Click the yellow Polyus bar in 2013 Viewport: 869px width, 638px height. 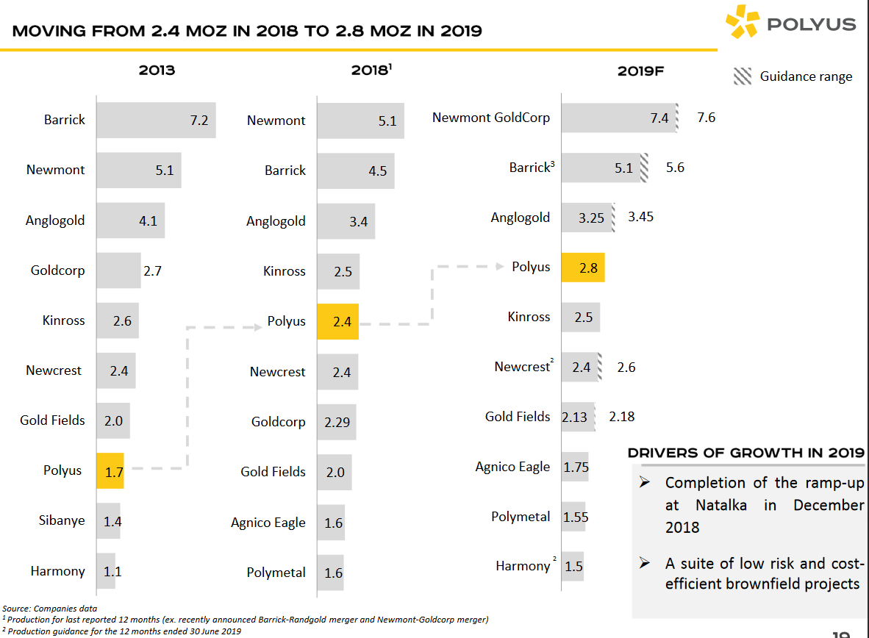pyautogui.click(x=110, y=470)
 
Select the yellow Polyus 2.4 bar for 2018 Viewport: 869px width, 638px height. pyautogui.click(x=337, y=322)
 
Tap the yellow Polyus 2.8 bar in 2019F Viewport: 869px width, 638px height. pyautogui.click(x=582, y=268)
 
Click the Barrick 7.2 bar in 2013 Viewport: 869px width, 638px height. pyautogui.click(x=155, y=120)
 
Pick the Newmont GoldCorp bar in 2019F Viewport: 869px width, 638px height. pyautogui.click(x=618, y=118)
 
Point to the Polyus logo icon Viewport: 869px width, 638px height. pyautogui.click(x=741, y=23)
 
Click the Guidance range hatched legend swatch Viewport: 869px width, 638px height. pyautogui.click(x=743, y=76)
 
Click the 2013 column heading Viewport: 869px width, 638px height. pyautogui.click(x=157, y=71)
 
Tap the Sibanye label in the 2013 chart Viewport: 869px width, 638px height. pyautogui.click(x=62, y=520)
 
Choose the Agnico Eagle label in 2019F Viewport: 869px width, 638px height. pyautogui.click(x=512, y=467)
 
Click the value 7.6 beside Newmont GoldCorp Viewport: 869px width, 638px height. pyautogui.click(x=706, y=118)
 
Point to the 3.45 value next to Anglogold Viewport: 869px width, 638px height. pyautogui.click(x=640, y=217)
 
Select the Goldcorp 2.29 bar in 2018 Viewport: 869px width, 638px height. pyautogui.click(x=337, y=422)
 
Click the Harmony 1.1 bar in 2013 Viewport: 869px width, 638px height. pyautogui.click(x=106, y=570)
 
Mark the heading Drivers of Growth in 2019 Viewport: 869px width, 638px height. pyautogui.click(x=746, y=453)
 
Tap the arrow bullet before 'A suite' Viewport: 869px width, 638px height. pyautogui.click(x=645, y=564)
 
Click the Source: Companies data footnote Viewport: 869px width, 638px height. pyautogui.click(x=49, y=608)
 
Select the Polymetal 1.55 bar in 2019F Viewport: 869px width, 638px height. pyautogui.click(x=574, y=517)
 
